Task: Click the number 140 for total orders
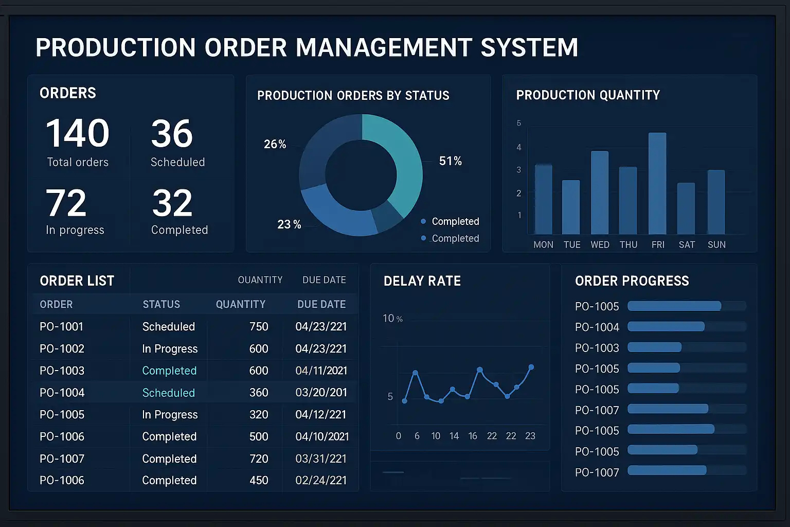coord(78,133)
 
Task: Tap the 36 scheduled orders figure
coord(172,134)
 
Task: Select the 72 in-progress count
coord(66,203)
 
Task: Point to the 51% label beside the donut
coord(450,161)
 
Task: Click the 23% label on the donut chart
coord(289,224)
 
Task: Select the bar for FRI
coord(657,184)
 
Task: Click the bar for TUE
coord(571,207)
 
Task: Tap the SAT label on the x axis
coord(687,245)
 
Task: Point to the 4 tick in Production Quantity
coord(519,147)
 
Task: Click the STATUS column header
coord(161,305)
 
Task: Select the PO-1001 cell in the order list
coord(61,327)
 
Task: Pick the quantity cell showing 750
coord(259,327)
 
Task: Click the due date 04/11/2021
coord(321,371)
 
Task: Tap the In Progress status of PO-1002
coord(170,349)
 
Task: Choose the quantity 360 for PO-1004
coord(259,393)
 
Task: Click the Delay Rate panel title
coord(422,281)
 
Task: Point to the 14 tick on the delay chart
coord(454,436)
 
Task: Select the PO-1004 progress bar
coord(666,327)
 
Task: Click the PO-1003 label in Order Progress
coord(597,348)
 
